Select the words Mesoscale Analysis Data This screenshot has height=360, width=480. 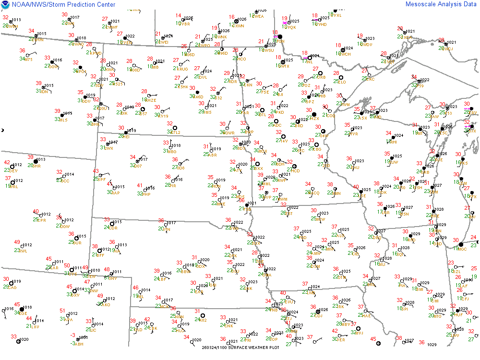441,4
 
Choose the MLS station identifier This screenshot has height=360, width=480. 62,120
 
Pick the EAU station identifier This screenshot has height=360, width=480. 355,167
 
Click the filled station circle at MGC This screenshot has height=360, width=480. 461,245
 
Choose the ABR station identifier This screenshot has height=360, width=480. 214,155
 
